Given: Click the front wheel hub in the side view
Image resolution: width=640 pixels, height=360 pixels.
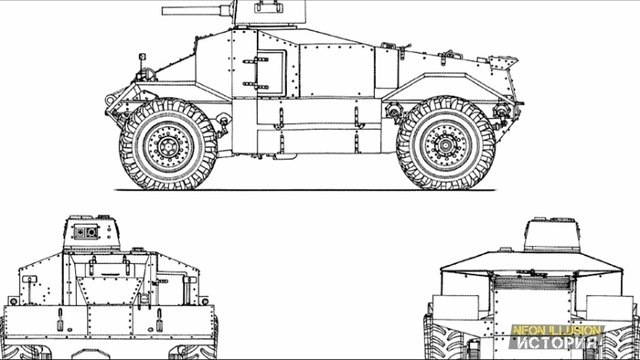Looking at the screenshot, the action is (x=167, y=144).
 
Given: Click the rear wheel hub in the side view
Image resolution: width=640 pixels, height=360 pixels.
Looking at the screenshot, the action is (x=446, y=143).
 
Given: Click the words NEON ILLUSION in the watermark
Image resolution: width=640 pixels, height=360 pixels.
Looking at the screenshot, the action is (x=558, y=330).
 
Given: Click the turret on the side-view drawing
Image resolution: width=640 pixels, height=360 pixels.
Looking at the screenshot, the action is (x=269, y=12).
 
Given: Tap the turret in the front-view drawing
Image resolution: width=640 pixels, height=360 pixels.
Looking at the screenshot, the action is (x=91, y=233).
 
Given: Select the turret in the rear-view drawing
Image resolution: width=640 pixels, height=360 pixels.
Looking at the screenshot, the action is (x=552, y=235).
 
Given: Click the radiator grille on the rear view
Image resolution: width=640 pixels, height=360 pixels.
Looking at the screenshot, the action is (x=532, y=282).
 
